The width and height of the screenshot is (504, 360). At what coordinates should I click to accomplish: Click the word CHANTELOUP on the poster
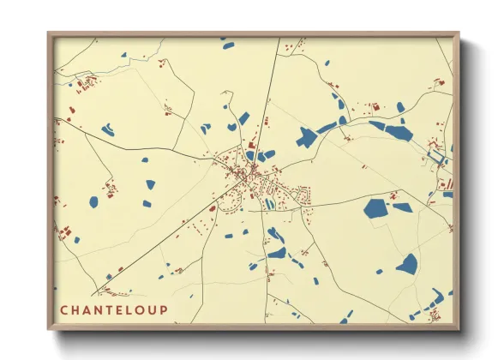click(x=114, y=309)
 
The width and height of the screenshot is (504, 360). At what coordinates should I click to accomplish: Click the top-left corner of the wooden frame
click(x=49, y=33)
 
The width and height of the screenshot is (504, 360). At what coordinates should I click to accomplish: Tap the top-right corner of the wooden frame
click(x=459, y=33)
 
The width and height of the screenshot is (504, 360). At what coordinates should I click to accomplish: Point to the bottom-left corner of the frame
click(x=49, y=330)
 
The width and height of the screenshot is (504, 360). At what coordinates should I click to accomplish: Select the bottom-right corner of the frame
click(x=459, y=330)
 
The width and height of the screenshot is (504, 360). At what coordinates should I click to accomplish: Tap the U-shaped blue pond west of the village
click(x=108, y=130)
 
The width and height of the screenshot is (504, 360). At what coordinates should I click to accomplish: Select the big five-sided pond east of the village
click(x=375, y=208)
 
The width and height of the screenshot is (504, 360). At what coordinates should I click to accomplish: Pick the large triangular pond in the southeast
click(x=408, y=265)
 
